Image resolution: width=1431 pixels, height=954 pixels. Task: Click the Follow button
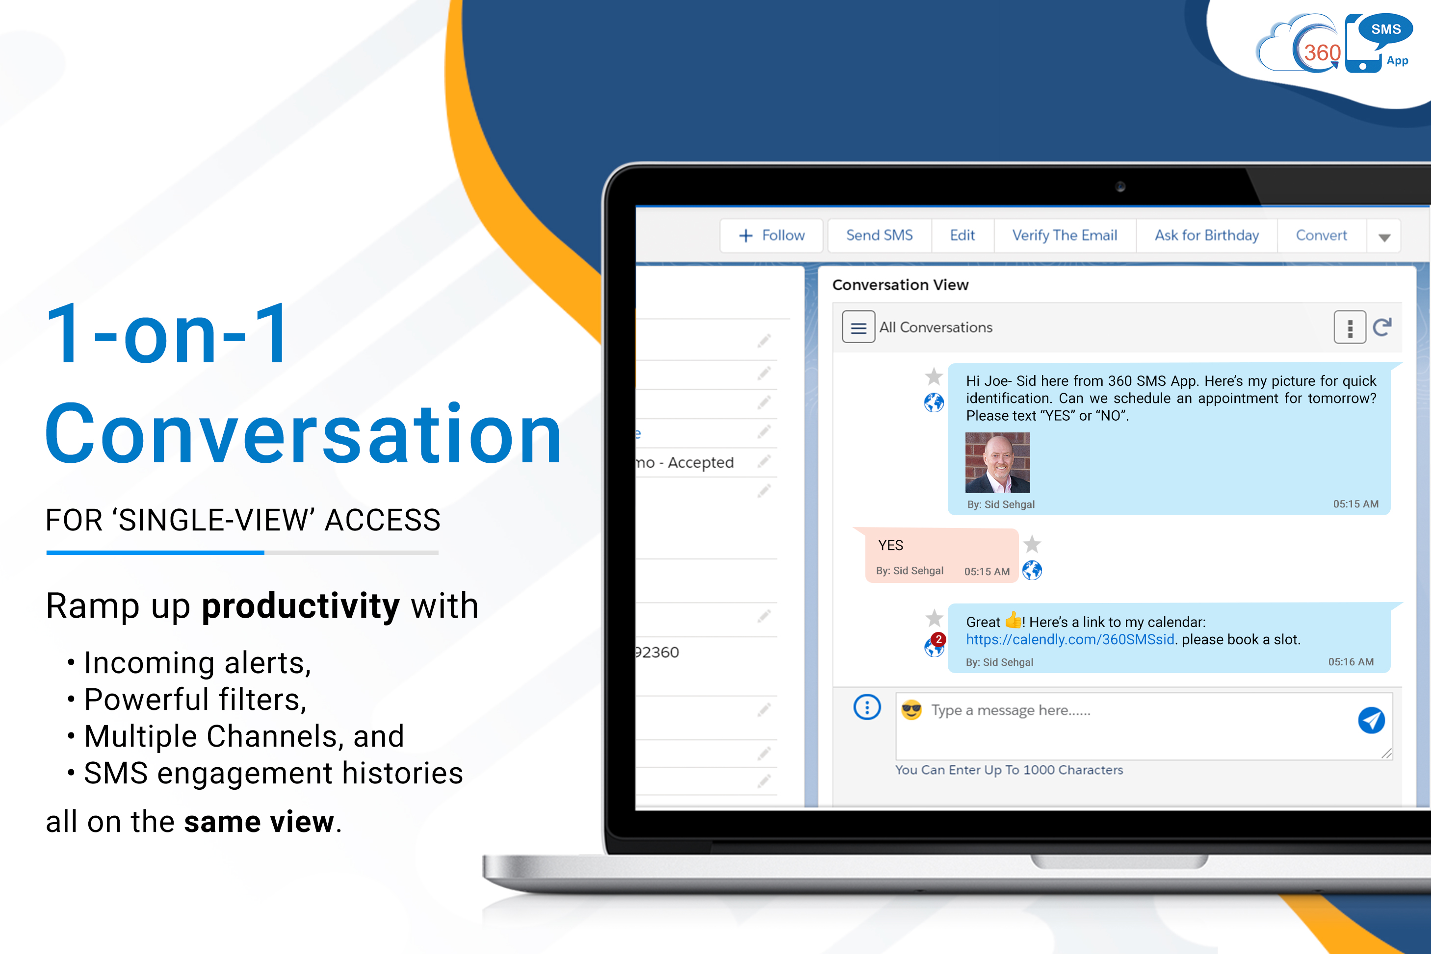click(x=771, y=235)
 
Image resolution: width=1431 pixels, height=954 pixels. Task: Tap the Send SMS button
click(x=879, y=235)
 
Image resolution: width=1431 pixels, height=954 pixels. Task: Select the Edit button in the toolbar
click(x=963, y=235)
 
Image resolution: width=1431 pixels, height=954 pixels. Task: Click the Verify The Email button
click(x=1065, y=235)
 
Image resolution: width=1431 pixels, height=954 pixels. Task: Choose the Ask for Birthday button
click(x=1206, y=235)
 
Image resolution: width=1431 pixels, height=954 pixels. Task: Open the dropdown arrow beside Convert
click(x=1384, y=237)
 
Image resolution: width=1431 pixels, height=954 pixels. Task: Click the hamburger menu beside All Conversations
click(x=858, y=327)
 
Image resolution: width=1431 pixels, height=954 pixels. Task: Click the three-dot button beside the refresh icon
click(x=1350, y=327)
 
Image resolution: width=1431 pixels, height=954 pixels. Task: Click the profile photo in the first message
click(x=998, y=462)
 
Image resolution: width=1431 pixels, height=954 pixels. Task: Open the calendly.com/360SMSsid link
click(x=1070, y=639)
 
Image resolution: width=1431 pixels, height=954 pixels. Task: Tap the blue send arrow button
click(x=1371, y=720)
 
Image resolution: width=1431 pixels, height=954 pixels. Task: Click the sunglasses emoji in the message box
click(x=911, y=710)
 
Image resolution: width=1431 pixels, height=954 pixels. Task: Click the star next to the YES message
click(x=1032, y=544)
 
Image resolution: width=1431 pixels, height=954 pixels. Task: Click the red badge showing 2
click(x=938, y=639)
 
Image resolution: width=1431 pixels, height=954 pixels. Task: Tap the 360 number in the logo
click(x=1322, y=53)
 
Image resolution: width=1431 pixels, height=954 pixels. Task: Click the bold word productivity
click(x=301, y=606)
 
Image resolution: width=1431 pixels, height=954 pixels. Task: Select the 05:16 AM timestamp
click(x=1351, y=662)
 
